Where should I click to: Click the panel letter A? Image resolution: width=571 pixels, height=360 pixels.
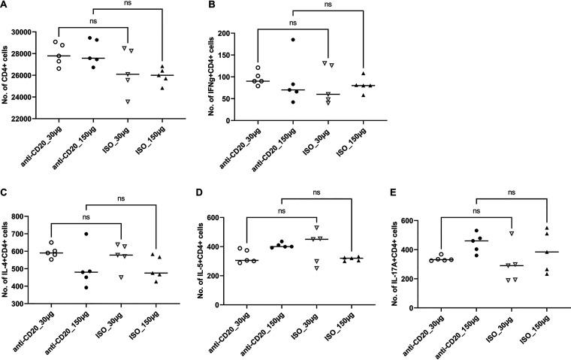5,6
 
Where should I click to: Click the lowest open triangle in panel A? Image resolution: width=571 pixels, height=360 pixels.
128,101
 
